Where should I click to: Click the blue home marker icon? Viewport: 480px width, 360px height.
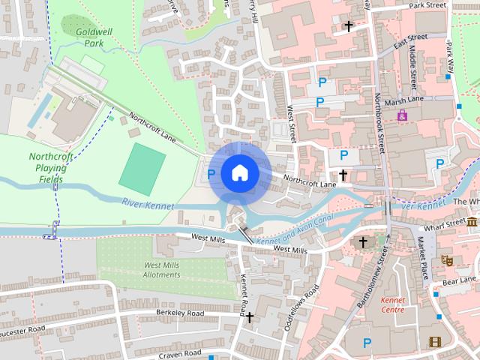coord(239,172)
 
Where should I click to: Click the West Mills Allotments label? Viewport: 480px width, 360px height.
coord(161,270)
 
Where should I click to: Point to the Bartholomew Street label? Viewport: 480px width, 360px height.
coord(373,284)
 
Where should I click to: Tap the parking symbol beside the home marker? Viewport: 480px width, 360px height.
coord(211,174)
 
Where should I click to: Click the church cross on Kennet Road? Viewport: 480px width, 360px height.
coord(249,317)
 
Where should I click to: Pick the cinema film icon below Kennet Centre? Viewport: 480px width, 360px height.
coord(435,343)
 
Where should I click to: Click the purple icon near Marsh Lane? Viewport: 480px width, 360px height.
coord(403,116)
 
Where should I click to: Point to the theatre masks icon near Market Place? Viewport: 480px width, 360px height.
coord(448,260)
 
